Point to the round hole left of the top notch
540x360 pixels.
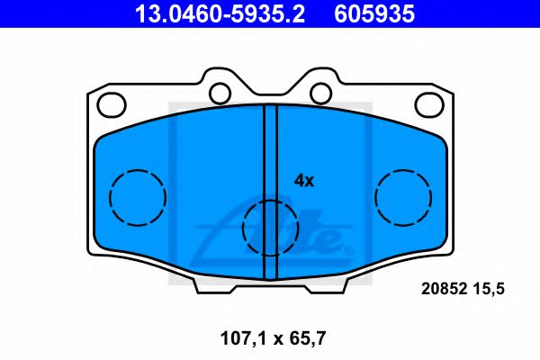pos(219,92)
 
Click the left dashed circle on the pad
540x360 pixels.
pos(138,196)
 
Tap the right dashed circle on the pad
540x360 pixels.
pos(403,196)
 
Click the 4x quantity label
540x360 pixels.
pos(304,180)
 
